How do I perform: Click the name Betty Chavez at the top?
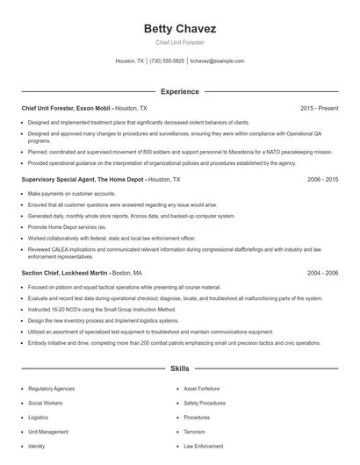point(179,29)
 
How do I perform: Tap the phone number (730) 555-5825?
point(167,61)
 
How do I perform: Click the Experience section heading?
point(179,91)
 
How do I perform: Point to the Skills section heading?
point(179,369)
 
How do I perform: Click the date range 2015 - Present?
point(319,108)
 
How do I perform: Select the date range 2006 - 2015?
point(322,179)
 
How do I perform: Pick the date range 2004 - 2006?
point(322,273)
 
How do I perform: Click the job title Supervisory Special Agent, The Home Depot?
point(83,179)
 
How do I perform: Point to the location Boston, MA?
point(127,273)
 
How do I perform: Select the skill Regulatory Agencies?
point(52,388)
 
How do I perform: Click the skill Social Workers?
point(44,403)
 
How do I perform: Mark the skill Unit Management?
point(47,432)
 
